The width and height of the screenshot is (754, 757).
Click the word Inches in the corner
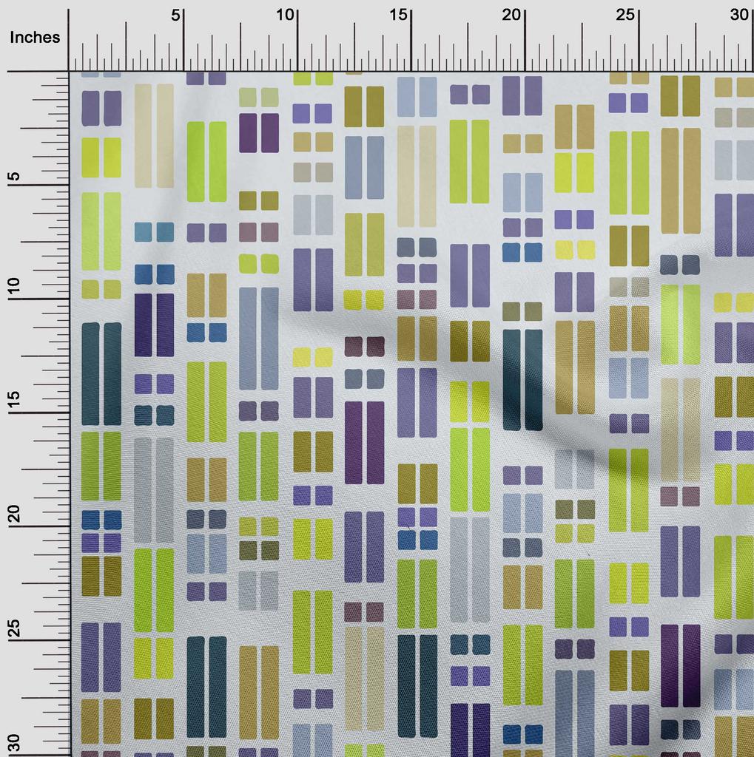[x=36, y=38]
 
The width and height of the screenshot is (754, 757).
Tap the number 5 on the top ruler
[x=175, y=16]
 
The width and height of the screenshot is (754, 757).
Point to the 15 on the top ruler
[x=399, y=16]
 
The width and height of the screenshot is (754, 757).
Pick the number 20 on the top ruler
[x=512, y=16]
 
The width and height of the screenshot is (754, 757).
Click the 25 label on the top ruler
[x=626, y=16]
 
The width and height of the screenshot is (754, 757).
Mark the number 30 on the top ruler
[x=739, y=16]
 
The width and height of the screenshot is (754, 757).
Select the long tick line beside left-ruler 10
[x=44, y=299]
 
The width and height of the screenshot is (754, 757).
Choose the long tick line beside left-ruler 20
[x=44, y=526]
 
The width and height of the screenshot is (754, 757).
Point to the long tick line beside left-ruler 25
[x=44, y=639]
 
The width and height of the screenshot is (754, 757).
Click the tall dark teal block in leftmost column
[x=101, y=373]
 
